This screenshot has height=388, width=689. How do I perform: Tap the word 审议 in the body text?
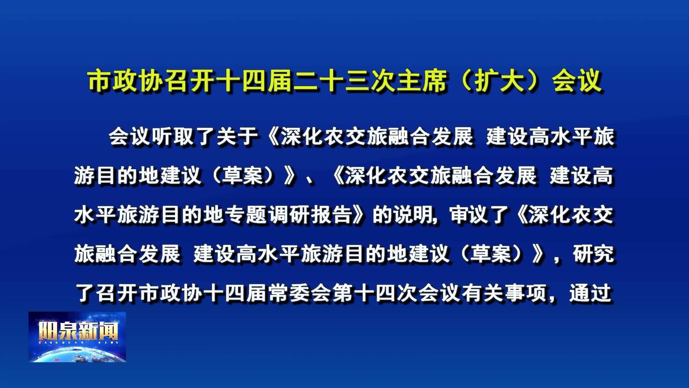470,215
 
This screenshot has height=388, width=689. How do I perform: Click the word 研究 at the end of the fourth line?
594,254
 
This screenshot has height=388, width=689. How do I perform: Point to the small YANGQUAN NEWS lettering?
79,343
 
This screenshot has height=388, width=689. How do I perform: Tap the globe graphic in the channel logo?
77,354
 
